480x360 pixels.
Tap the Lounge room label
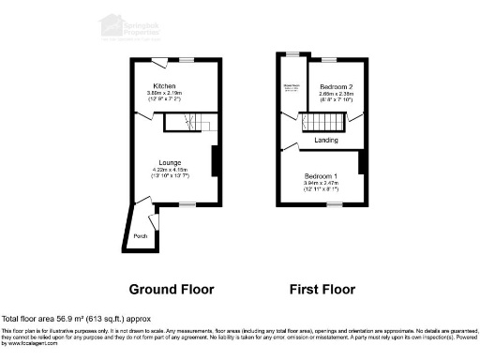click(170, 162)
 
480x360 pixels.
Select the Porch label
click(140, 235)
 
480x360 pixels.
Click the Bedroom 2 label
click(335, 85)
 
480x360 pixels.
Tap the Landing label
click(326, 141)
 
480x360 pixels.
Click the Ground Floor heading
click(171, 289)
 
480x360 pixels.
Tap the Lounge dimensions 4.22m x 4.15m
click(170, 170)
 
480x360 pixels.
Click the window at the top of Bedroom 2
click(330, 58)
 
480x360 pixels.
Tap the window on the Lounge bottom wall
click(187, 203)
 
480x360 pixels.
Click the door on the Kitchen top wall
click(160, 62)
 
